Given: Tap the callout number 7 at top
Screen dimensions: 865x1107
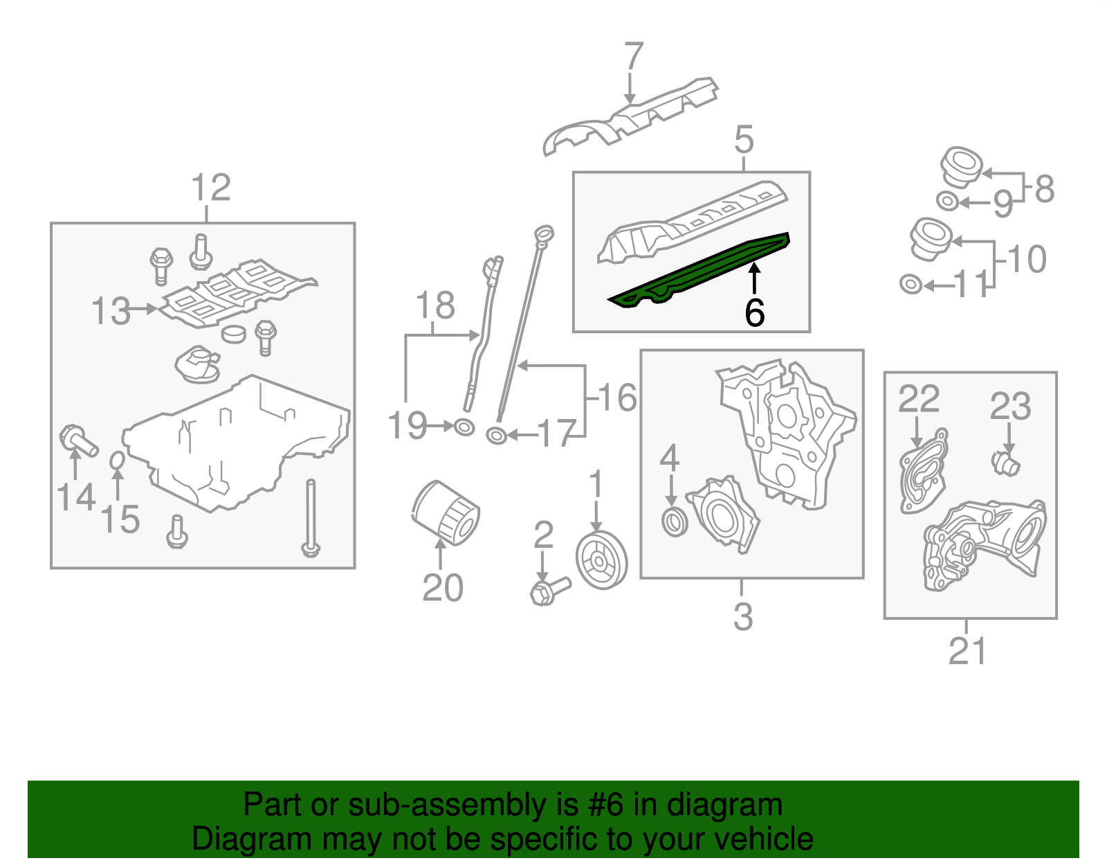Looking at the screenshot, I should click(x=633, y=57).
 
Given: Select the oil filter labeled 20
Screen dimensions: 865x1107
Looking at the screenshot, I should click(x=446, y=513).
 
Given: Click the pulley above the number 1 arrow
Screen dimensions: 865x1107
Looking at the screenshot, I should click(x=601, y=560).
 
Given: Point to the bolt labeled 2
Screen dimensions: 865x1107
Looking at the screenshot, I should click(x=549, y=591).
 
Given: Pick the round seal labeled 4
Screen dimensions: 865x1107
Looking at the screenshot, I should click(x=675, y=521).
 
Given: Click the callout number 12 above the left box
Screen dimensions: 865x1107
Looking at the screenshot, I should click(x=210, y=188).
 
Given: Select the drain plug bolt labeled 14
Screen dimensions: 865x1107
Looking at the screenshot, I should click(x=77, y=441).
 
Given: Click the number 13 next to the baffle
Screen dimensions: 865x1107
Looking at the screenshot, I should click(x=111, y=311).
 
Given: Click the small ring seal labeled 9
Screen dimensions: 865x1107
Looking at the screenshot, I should click(x=948, y=202).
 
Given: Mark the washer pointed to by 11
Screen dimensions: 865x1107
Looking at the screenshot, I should click(x=911, y=284).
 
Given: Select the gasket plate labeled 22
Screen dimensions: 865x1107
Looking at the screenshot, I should click(x=924, y=471).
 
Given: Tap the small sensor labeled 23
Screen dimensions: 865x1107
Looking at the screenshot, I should click(x=1005, y=463).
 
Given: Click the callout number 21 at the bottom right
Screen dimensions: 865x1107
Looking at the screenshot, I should click(x=967, y=651).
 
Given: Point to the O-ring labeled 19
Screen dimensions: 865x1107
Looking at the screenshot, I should click(x=464, y=427).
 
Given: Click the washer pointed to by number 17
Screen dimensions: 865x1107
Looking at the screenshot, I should click(x=496, y=436).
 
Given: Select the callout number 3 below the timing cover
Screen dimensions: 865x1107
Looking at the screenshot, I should click(x=743, y=616).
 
